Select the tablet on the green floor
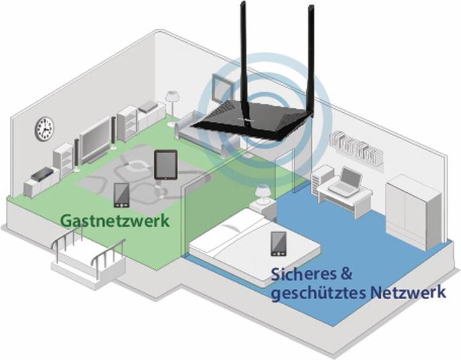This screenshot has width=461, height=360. point(165,165)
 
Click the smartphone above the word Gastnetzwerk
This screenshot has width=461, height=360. point(121,195)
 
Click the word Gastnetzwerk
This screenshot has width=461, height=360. point(115,221)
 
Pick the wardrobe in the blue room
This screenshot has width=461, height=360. point(414,211)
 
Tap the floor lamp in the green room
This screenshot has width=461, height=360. point(172,102)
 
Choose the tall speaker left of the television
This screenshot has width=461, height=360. point(76,154)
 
